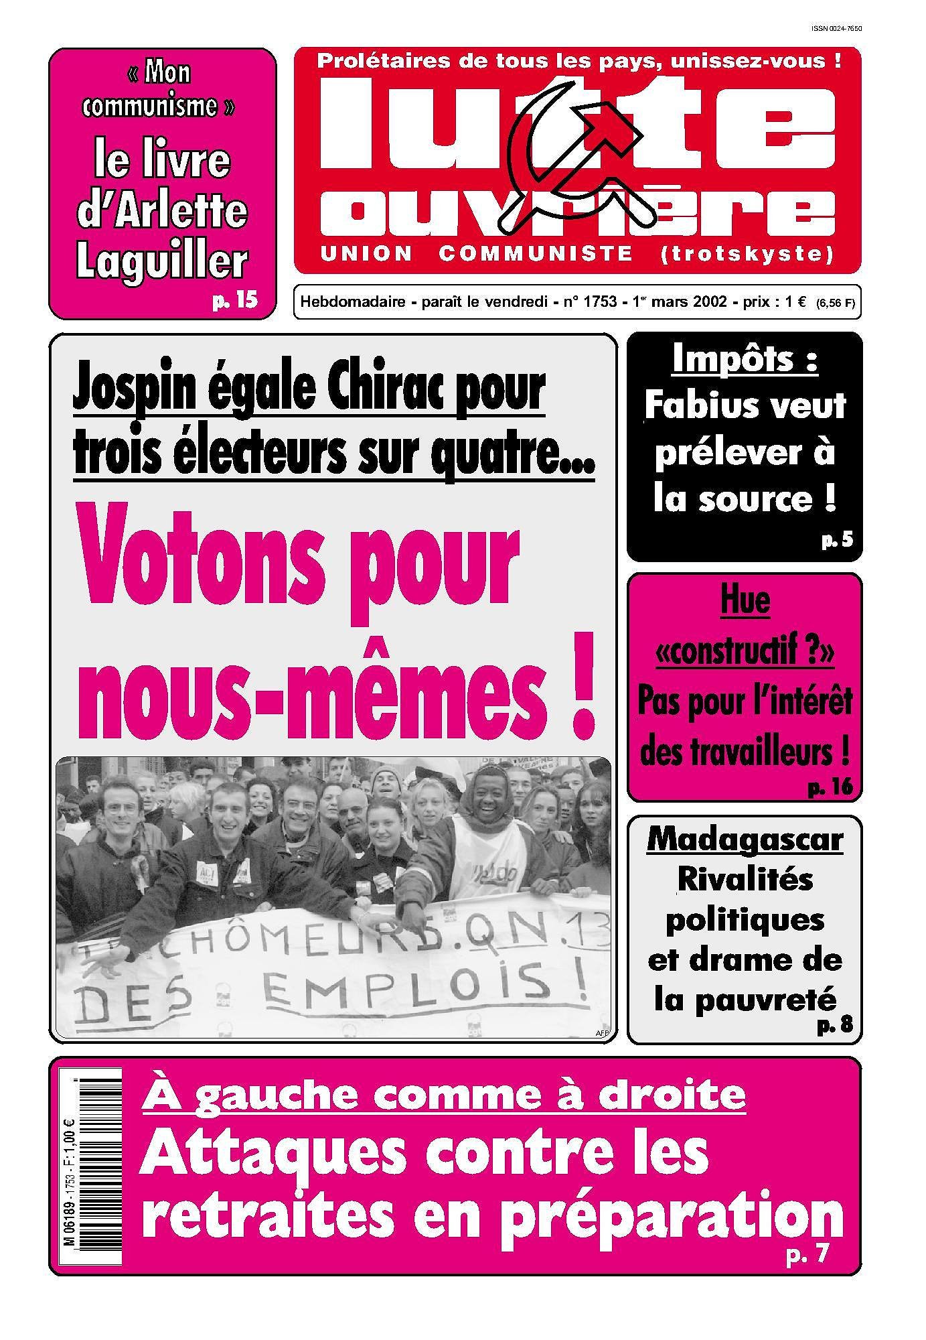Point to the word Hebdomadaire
tap(353, 301)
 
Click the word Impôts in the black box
tap(744, 360)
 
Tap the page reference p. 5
tap(837, 539)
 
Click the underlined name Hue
tap(745, 600)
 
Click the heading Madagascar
tap(745, 840)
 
